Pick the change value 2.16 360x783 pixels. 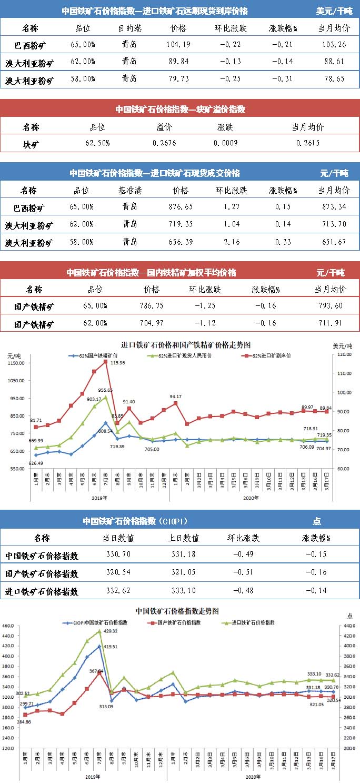click(231, 242)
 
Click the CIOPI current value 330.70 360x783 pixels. click(118, 554)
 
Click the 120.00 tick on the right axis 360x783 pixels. click(345, 355)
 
